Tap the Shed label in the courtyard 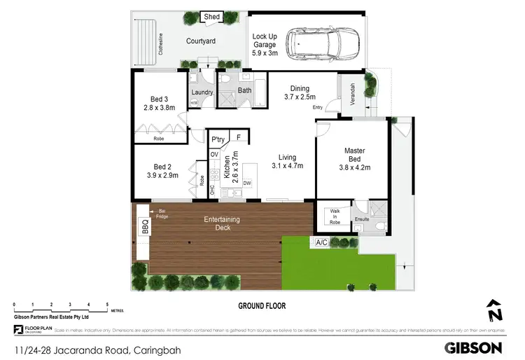212,17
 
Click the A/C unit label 322,242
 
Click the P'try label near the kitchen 218,139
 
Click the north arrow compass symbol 494,310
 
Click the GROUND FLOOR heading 262,306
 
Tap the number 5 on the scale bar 107,304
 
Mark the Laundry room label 202,92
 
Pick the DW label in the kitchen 247,184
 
